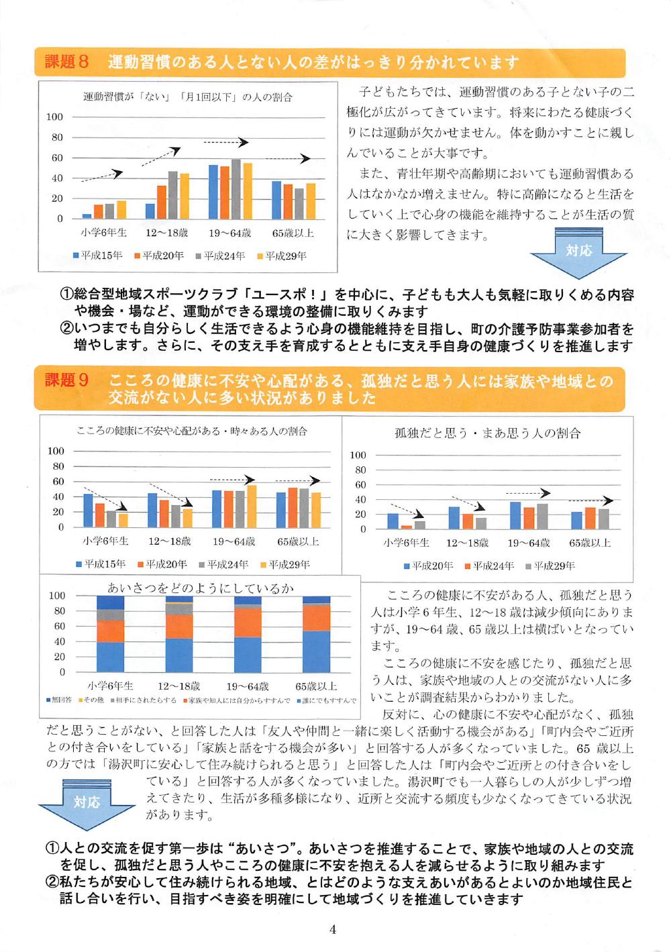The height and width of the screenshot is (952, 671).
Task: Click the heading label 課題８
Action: coord(66,63)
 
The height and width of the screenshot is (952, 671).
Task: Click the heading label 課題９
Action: coord(66,380)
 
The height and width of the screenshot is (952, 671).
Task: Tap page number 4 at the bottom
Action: coord(333,929)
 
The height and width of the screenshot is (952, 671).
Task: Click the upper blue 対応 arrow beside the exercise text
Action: coord(578,253)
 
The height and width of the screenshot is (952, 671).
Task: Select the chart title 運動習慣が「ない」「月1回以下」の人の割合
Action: coord(187,97)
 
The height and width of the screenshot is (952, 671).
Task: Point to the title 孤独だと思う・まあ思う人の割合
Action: coord(487,433)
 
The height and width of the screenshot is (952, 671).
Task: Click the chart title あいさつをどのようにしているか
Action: coord(201,588)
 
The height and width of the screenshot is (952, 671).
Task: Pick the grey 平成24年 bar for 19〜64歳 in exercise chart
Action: coord(236,189)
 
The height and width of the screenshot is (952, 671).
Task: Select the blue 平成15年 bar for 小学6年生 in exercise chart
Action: coord(87,216)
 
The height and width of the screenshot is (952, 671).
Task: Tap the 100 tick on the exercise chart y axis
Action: coord(54,117)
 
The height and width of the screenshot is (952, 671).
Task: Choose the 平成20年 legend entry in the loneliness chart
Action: coord(428,566)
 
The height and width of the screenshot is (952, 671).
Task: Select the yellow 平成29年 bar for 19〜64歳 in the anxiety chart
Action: coord(252,506)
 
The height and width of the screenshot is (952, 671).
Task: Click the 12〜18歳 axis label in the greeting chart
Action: coord(178,686)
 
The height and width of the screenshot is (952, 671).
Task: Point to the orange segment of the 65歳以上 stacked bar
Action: coord(316,618)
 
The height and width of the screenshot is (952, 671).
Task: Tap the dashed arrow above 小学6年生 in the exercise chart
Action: coord(102,176)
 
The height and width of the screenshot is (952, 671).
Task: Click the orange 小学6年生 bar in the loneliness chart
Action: coord(406,527)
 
